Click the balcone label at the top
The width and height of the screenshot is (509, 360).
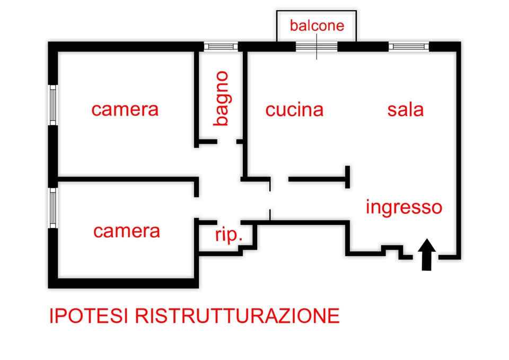317,25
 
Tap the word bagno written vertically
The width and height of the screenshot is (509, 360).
221,99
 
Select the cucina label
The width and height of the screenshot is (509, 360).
294,110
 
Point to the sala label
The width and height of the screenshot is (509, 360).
405,110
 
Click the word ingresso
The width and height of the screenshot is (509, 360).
403,206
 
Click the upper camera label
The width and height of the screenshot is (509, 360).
125,109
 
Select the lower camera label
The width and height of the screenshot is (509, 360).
126,231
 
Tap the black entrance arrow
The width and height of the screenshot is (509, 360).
427,254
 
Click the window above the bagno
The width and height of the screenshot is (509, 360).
221,47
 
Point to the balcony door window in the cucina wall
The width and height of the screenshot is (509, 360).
317,47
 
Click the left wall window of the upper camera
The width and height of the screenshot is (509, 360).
53,104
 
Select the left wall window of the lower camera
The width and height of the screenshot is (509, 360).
53,208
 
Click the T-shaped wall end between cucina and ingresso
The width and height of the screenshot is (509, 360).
348,177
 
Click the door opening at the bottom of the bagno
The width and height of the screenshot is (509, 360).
226,142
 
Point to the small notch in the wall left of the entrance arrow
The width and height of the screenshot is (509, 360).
390,249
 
